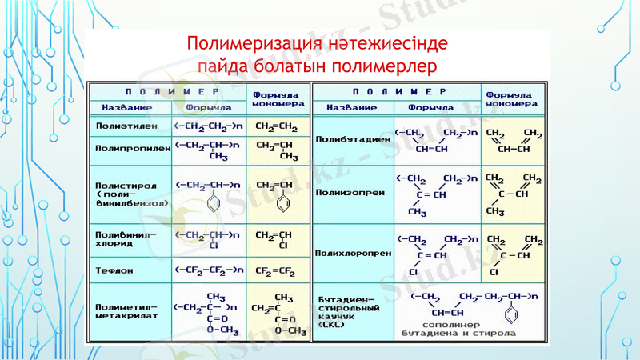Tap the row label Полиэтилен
[119, 126]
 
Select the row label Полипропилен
[128, 148]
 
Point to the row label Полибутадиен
[353, 138]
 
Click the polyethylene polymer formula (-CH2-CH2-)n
[208, 126]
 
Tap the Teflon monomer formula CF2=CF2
[276, 270]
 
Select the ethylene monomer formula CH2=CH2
[275, 126]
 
